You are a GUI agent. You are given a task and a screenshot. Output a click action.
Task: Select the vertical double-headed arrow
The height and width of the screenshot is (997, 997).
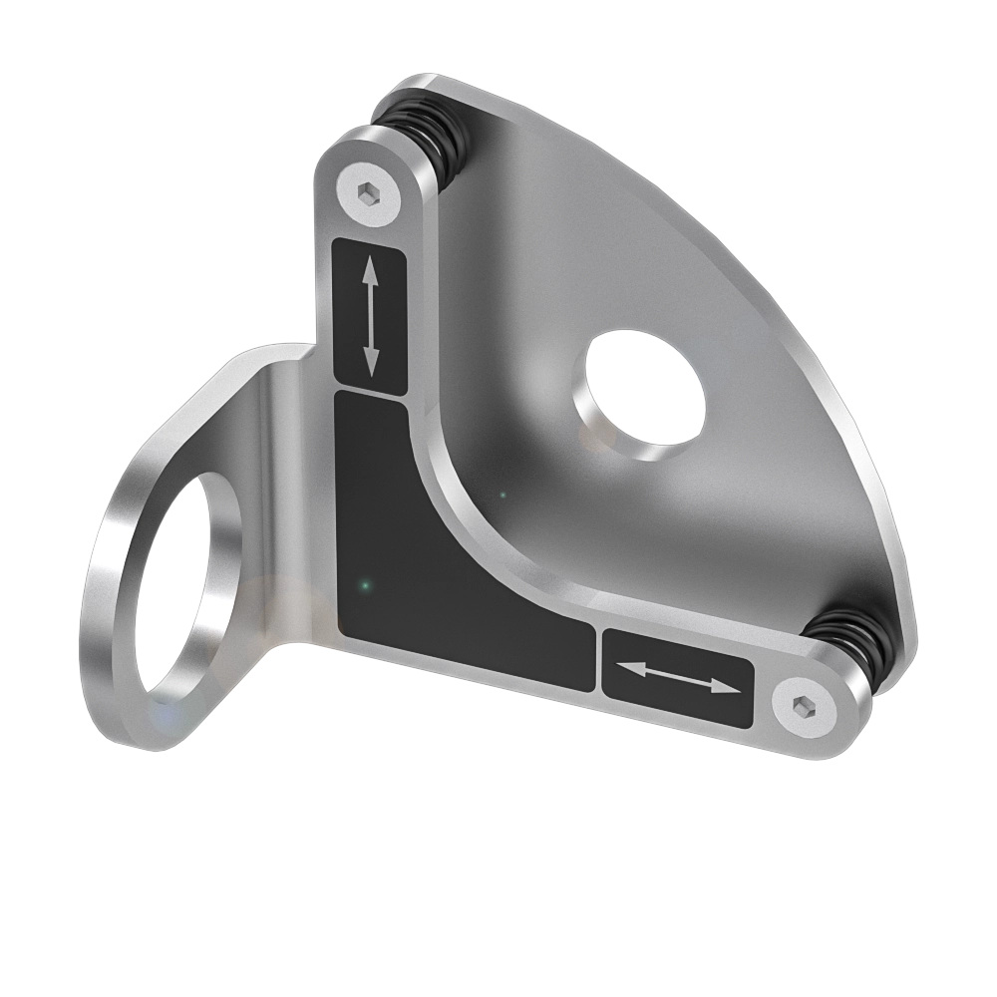tap(370, 315)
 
